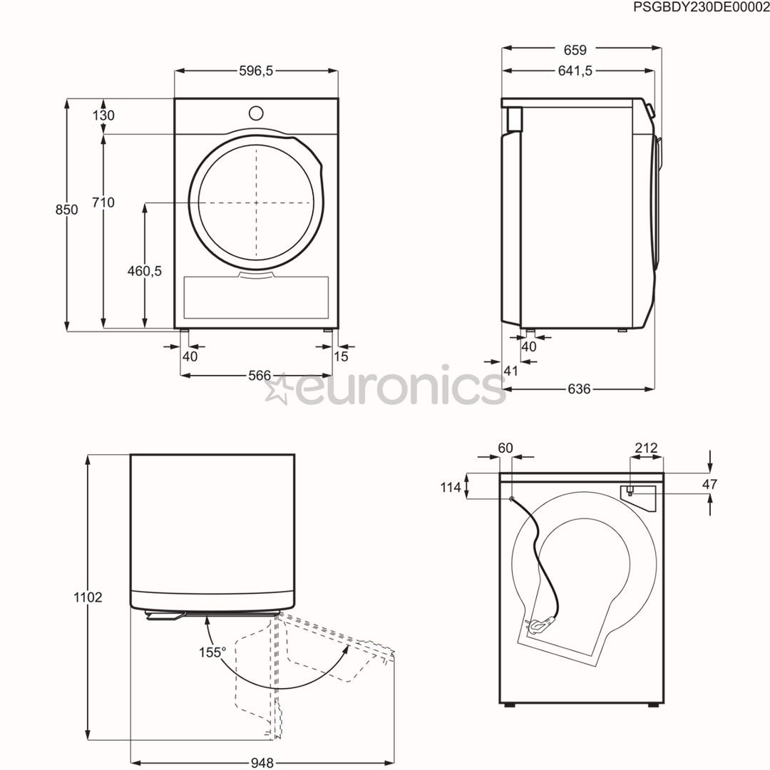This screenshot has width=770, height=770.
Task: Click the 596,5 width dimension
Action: [256, 71]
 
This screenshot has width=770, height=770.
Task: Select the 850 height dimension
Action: [67, 210]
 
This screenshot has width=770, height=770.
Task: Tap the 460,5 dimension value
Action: [145, 270]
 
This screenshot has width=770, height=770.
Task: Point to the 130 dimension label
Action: [103, 115]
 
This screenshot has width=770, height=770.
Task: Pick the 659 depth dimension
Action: [575, 50]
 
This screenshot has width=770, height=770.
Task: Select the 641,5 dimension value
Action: [575, 71]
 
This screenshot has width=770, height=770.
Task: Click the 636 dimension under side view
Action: [579, 389]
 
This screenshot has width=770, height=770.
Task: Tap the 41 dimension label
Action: [510, 371]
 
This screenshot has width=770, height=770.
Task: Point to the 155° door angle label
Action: [212, 652]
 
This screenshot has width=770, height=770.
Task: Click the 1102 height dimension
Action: [88, 597]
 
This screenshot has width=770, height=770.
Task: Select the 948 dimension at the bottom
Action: [262, 763]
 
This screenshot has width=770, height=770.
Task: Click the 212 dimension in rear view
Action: [646, 448]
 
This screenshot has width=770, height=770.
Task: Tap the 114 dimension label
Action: [451, 488]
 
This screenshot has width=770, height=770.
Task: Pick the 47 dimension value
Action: [709, 485]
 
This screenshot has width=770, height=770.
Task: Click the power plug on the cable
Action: [535, 626]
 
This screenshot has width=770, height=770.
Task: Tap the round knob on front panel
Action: [255, 113]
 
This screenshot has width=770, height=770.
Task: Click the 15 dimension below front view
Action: [341, 356]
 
